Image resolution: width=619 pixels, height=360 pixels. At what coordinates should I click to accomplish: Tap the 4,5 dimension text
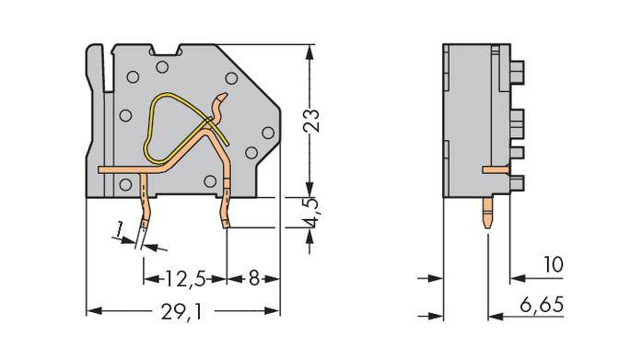[x=318, y=213]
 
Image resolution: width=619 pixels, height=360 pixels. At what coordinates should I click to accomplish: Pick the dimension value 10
[x=553, y=265]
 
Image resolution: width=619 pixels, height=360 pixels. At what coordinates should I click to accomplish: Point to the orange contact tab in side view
[x=494, y=169]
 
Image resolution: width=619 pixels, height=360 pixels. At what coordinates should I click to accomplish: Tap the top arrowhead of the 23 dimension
[x=306, y=50]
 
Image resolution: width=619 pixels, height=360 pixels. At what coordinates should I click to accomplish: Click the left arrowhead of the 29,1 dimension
[x=91, y=309]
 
